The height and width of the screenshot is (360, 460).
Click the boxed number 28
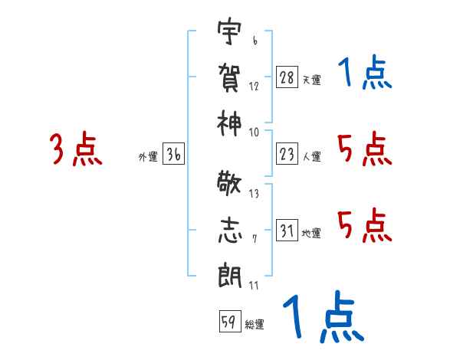click(x=287, y=77)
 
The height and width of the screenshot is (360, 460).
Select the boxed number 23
click(x=287, y=154)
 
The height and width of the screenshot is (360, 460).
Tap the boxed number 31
click(x=287, y=231)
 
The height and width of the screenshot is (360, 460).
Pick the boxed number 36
click(x=173, y=154)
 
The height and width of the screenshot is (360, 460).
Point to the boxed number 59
click(x=228, y=322)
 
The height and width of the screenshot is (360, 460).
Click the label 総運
click(x=255, y=325)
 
